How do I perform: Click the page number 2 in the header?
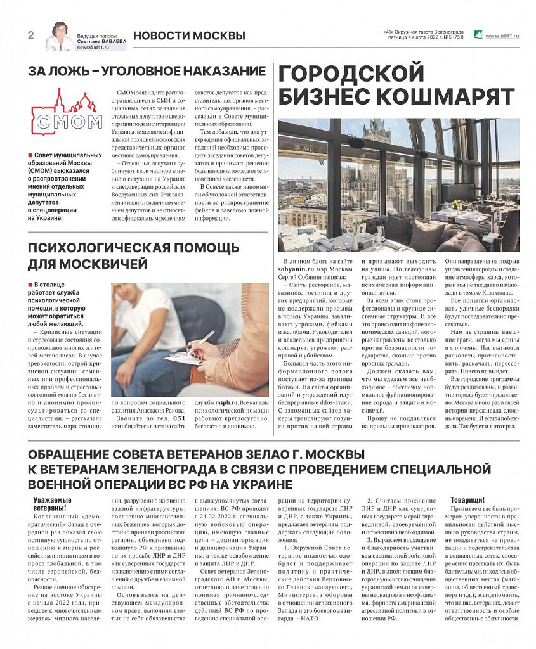click(x=30, y=35)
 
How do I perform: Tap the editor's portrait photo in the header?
click(x=60, y=37)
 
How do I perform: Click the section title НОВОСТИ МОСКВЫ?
click(x=189, y=35)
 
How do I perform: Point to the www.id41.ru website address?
click(x=502, y=36)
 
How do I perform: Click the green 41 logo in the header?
click(x=478, y=35)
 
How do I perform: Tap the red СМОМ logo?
click(x=67, y=114)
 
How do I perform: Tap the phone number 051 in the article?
click(x=180, y=418)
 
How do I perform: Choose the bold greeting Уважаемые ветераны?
click(x=53, y=504)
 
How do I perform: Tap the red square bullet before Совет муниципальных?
click(x=30, y=155)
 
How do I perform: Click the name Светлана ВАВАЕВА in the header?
click(x=101, y=42)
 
